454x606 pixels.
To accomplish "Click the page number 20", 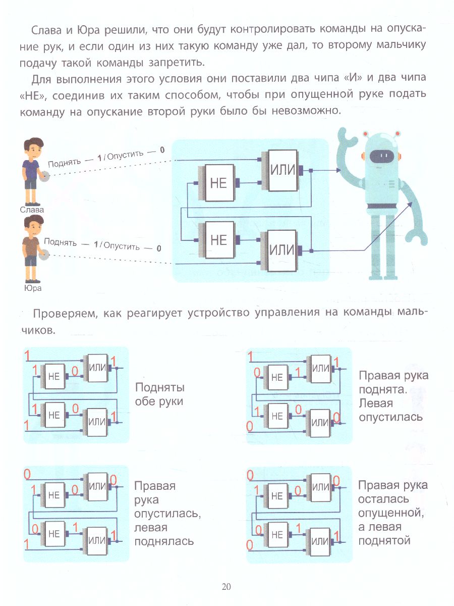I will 226,586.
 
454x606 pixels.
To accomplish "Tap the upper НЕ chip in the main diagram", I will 218,183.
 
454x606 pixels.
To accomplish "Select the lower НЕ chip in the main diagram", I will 218,240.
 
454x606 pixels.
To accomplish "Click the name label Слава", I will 32,209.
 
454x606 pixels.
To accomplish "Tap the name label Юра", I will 32,289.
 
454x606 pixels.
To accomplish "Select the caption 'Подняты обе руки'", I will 159,394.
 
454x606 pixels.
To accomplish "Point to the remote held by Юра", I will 44,256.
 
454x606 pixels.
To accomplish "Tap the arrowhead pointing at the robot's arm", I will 409,205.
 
